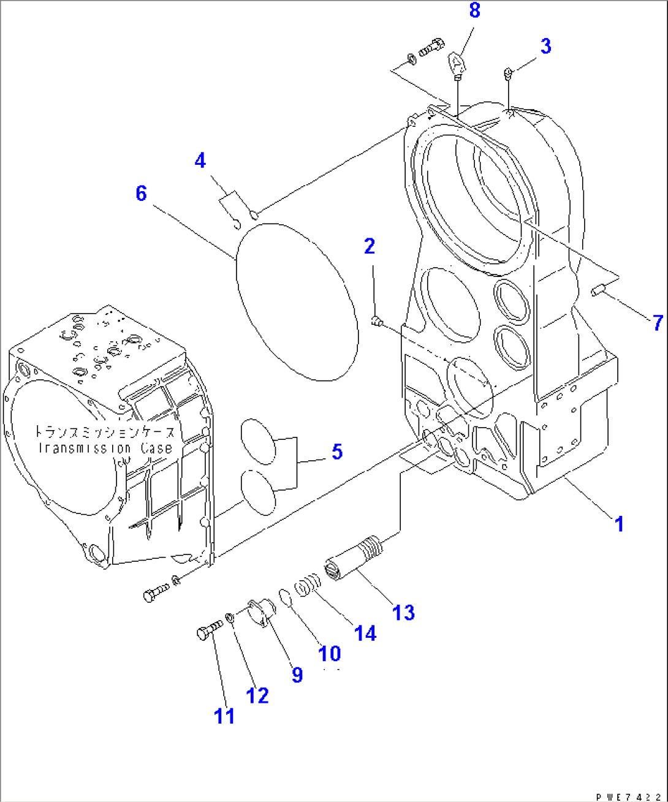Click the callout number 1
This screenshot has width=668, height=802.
tap(619, 524)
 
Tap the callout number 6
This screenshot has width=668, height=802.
tap(142, 194)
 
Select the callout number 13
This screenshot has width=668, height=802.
tap(403, 612)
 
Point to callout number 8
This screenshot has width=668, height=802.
tap(475, 11)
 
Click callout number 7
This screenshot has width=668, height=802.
tap(657, 322)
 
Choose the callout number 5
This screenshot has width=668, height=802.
tap(337, 452)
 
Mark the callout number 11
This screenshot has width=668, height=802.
tap(224, 715)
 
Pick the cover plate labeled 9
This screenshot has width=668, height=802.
tap(260, 613)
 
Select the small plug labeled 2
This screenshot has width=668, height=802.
tap(377, 320)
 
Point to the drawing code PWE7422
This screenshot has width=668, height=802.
tap(631, 796)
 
